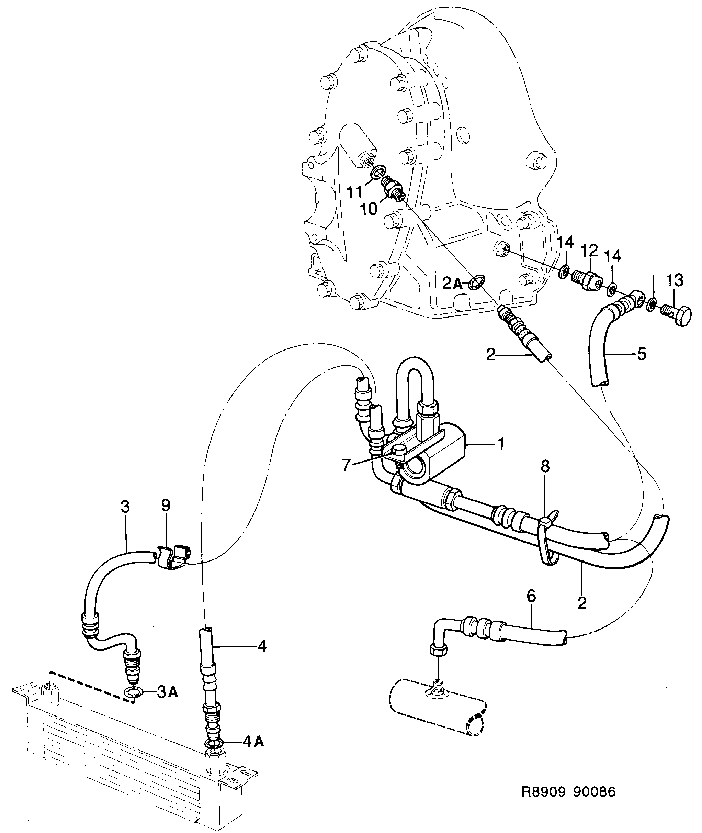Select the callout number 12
click(x=589, y=251)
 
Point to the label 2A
click(x=452, y=284)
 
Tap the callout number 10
click(x=369, y=209)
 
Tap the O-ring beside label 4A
click(x=214, y=744)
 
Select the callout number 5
click(x=642, y=354)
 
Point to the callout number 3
click(x=125, y=507)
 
